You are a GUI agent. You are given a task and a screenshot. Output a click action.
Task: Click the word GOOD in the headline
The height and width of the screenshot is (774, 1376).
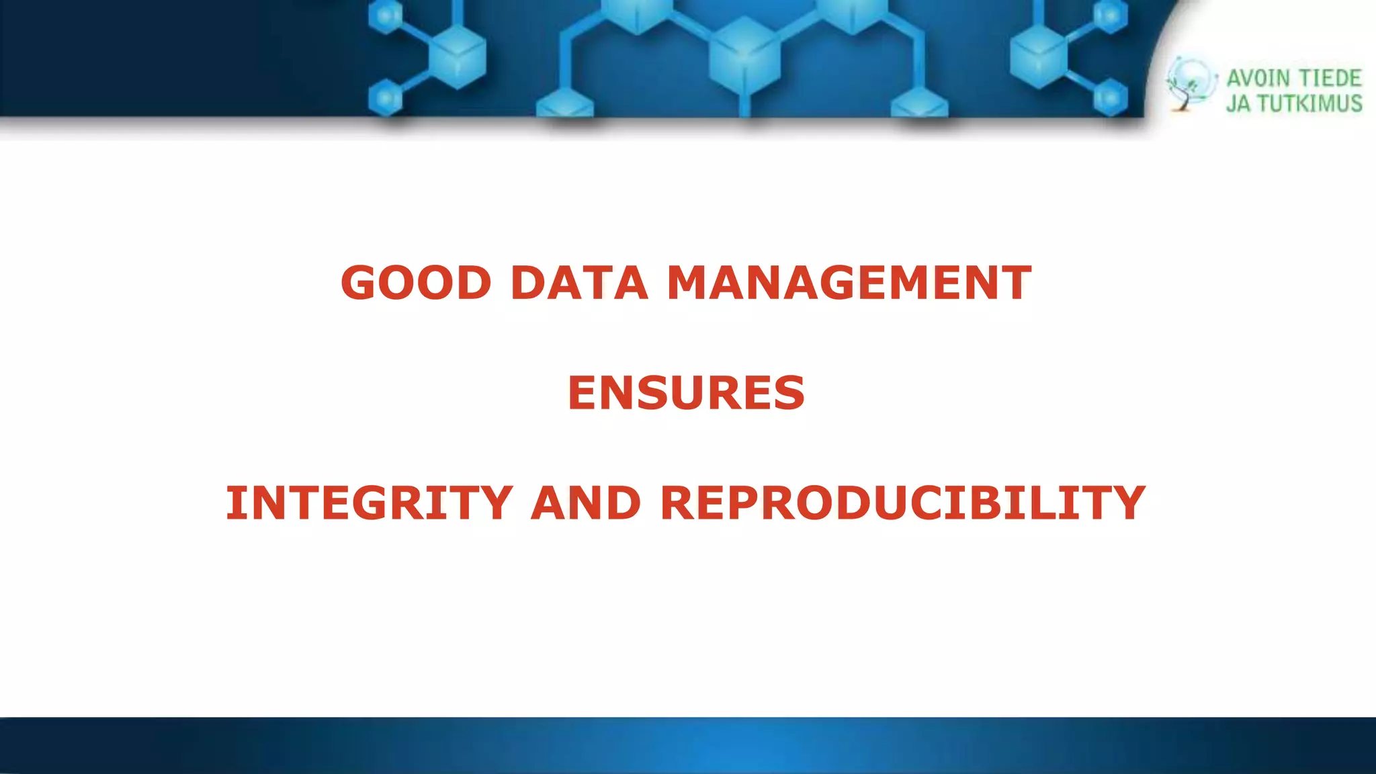tap(416, 283)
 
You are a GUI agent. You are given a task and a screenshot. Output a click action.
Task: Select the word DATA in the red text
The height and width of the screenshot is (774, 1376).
tap(579, 283)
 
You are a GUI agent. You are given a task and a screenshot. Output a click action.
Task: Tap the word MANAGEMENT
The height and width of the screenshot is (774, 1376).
tap(849, 283)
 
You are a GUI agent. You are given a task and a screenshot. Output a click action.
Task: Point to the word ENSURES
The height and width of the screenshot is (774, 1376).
tap(686, 393)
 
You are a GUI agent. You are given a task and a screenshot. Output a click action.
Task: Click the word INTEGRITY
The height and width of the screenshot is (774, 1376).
tap(369, 503)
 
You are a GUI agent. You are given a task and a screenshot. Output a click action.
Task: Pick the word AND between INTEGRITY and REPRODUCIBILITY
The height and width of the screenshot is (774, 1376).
tap(586, 503)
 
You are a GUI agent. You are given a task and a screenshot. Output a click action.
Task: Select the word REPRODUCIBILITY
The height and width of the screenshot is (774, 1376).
tap(903, 503)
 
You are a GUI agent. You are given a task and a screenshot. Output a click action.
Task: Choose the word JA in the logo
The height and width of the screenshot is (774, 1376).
tap(1238, 103)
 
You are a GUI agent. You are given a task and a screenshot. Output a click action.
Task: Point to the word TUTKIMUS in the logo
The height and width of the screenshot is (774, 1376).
tap(1309, 103)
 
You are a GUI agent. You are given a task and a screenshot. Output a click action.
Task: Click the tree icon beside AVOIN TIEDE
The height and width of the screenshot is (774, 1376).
tap(1189, 85)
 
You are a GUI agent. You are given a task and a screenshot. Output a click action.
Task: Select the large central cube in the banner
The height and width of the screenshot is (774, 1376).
tap(743, 54)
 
